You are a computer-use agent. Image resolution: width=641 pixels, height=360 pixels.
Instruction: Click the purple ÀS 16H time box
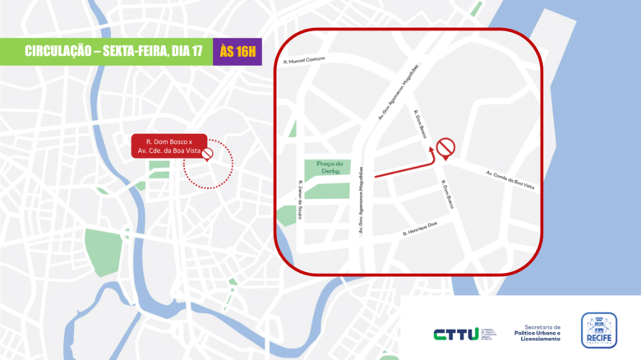(238, 52)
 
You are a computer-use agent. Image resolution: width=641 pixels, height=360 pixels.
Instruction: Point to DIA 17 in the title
(187, 52)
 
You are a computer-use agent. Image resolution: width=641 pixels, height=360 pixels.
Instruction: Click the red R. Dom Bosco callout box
(168, 147)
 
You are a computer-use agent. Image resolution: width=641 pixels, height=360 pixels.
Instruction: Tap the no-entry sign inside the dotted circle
(208, 154)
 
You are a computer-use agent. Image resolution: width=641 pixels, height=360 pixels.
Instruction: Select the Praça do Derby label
(334, 168)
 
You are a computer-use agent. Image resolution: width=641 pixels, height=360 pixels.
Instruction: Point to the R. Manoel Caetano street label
(303, 59)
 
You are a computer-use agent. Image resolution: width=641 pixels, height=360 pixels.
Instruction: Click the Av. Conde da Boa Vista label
(510, 180)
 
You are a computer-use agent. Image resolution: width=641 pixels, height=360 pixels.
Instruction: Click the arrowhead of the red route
(433, 151)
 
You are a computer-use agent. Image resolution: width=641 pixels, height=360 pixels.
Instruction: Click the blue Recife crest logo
(599, 330)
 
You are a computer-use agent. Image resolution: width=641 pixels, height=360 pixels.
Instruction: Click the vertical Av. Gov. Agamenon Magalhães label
(361, 210)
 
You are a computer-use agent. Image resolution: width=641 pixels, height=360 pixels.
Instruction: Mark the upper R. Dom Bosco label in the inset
(421, 124)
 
